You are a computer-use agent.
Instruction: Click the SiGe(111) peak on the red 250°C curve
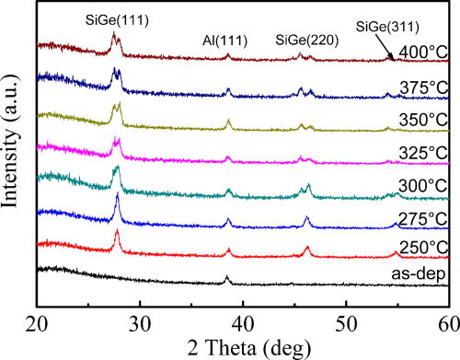pos(118,232)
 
